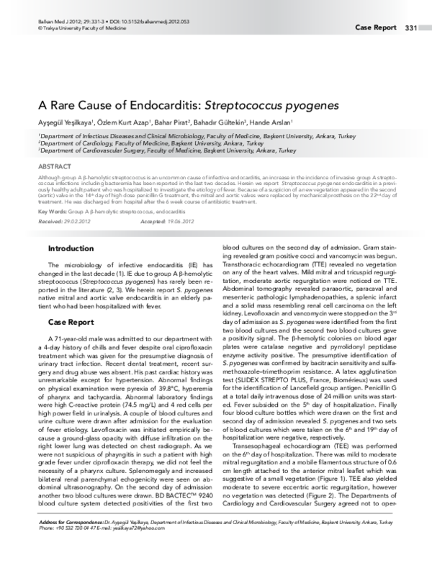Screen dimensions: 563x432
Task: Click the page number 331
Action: click(x=411, y=28)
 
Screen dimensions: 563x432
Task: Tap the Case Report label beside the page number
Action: click(x=376, y=28)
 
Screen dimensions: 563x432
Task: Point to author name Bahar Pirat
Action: click(x=172, y=122)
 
